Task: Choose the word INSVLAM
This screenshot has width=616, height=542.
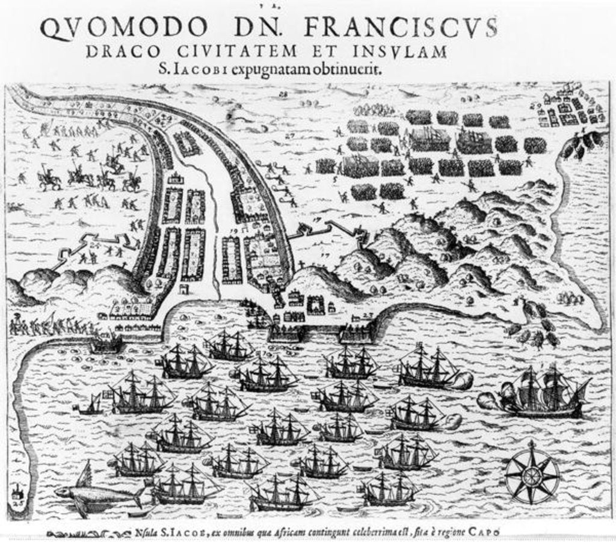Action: coord(402,52)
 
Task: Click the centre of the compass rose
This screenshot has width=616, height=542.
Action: coord(531,476)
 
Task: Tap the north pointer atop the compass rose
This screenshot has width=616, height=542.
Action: coord(531,445)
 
